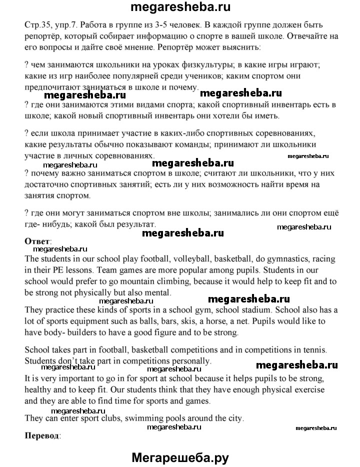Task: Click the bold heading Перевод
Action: coord(41,435)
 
